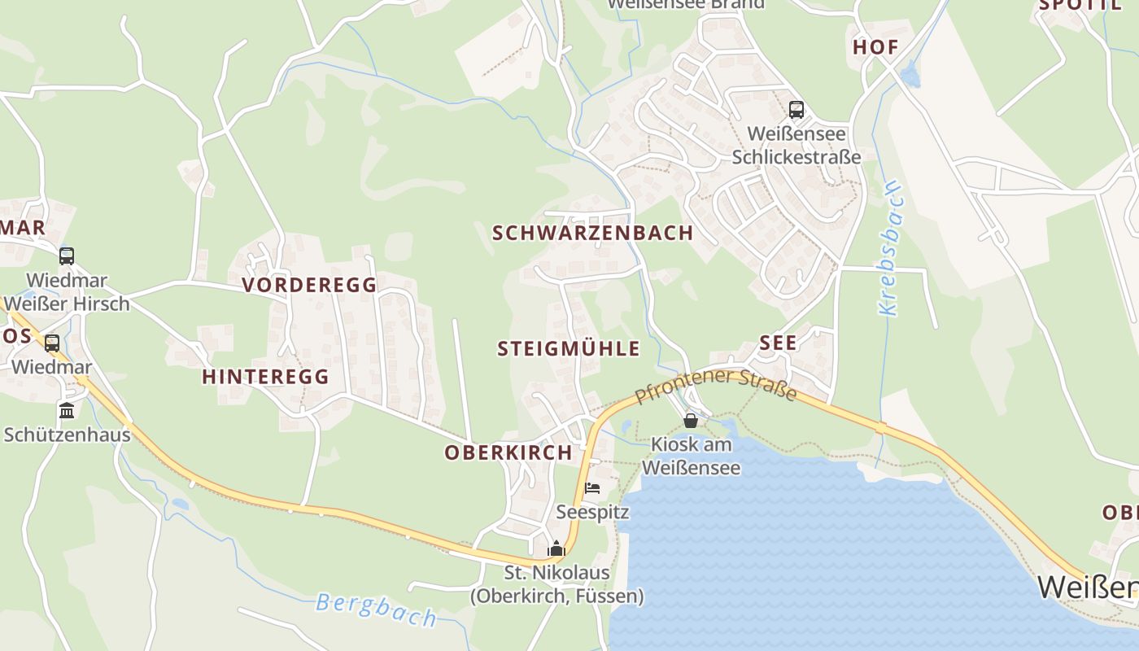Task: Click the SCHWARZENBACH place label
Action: pyautogui.click(x=592, y=233)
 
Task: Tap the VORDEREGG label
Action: pyautogui.click(x=309, y=285)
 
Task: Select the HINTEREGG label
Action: pyautogui.click(x=265, y=377)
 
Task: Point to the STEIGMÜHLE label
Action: pyautogui.click(x=568, y=349)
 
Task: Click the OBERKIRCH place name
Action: pyautogui.click(x=508, y=453)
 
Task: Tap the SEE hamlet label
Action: pyautogui.click(x=778, y=343)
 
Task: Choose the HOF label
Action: pyautogui.click(x=875, y=47)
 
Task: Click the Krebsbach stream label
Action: pyautogui.click(x=889, y=248)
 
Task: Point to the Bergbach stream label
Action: pyautogui.click(x=376, y=609)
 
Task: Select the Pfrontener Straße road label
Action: pyautogui.click(x=716, y=385)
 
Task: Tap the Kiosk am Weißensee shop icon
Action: pyautogui.click(x=691, y=421)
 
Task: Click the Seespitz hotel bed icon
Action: pyautogui.click(x=592, y=488)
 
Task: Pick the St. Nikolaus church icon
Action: pyautogui.click(x=556, y=548)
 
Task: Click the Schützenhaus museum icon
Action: pyautogui.click(x=67, y=410)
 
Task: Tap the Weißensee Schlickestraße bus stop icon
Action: pyautogui.click(x=796, y=109)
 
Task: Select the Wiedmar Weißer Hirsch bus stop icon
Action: pyautogui.click(x=67, y=256)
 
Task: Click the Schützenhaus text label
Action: pyautogui.click(x=67, y=435)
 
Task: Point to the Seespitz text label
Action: pyautogui.click(x=581, y=512)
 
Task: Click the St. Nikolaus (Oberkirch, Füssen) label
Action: pyautogui.click(x=556, y=584)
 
